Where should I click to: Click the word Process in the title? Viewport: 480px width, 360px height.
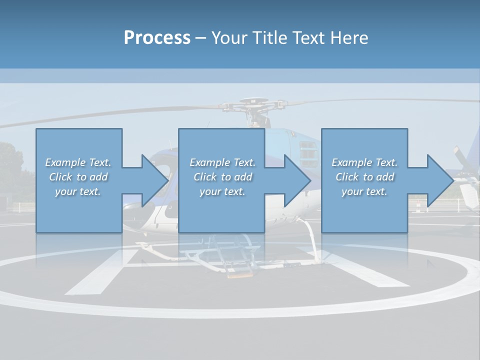[x=157, y=38]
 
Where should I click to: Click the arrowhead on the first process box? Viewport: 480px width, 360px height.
[x=152, y=180]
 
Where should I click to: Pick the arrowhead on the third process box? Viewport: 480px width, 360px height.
[x=438, y=180]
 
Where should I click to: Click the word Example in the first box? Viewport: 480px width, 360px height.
[x=65, y=162]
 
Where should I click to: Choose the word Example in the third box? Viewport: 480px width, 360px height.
[x=352, y=162]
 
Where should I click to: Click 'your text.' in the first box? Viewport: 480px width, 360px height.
[x=78, y=191]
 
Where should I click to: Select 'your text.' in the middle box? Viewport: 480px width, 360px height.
[x=222, y=191]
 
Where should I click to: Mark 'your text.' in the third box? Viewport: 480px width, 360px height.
[x=364, y=191]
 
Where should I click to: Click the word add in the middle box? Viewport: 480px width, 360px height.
[x=243, y=177]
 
